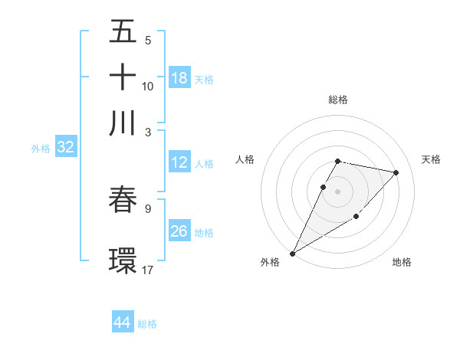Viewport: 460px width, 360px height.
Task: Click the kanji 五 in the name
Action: click(x=123, y=33)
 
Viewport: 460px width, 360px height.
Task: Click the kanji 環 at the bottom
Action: click(x=123, y=260)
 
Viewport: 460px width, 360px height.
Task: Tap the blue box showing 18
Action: click(x=179, y=78)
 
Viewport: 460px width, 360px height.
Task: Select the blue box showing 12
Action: click(x=179, y=162)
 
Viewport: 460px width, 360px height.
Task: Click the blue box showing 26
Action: click(x=179, y=232)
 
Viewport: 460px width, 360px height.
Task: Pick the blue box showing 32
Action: click(x=65, y=148)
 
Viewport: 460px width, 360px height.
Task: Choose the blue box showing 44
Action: click(x=123, y=323)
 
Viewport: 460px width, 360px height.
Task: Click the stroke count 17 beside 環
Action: click(x=148, y=270)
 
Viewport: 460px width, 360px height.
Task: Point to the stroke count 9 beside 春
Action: click(x=148, y=208)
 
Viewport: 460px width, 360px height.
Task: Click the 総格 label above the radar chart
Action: click(x=338, y=100)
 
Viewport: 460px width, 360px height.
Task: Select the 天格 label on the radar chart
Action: click(x=431, y=159)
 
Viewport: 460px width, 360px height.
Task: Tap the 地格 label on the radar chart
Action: click(x=402, y=262)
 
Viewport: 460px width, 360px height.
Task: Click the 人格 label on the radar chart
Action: click(x=245, y=159)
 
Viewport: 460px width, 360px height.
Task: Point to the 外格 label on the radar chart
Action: click(x=270, y=262)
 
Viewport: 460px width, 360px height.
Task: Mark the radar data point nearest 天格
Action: click(x=396, y=172)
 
